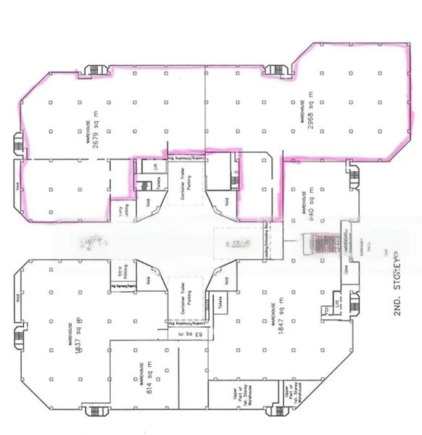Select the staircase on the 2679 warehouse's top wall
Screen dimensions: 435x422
click(x=94, y=71)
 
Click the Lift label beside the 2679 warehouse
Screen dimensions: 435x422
click(x=156, y=166)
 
